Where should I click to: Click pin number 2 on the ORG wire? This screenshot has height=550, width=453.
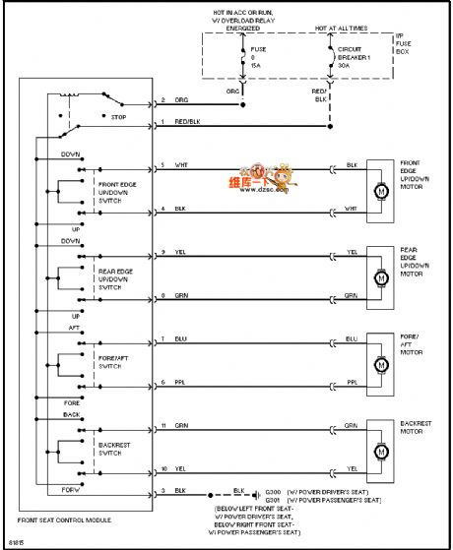point(163,100)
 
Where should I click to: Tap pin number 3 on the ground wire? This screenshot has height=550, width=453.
point(163,489)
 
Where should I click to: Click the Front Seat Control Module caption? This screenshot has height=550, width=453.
point(64,519)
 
